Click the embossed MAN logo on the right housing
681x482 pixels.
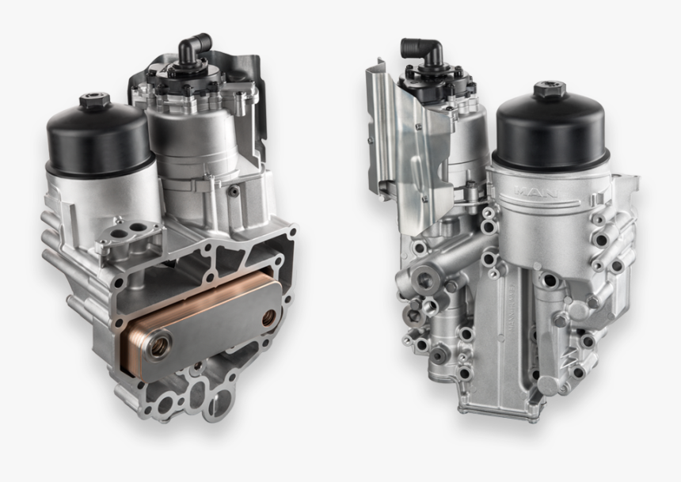pyautogui.click(x=539, y=191)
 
